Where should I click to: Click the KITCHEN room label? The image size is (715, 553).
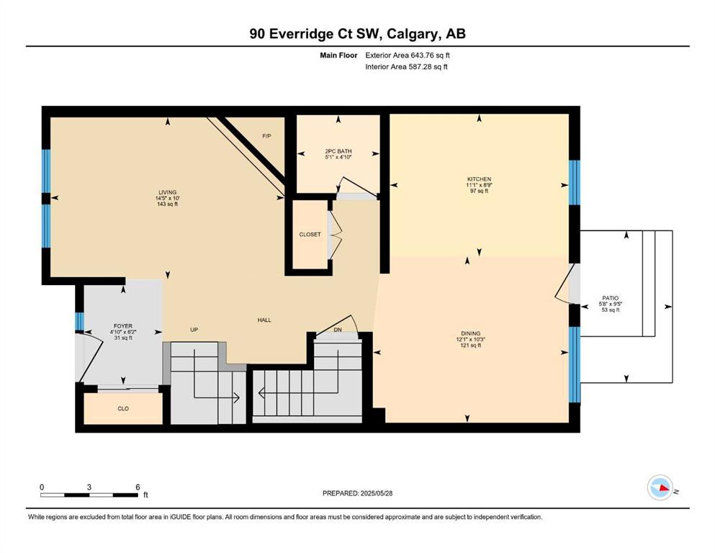tap(479, 179)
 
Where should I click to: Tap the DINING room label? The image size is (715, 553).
tap(471, 333)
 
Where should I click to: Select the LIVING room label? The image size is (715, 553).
tap(167, 192)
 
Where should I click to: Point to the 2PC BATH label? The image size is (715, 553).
tap(338, 151)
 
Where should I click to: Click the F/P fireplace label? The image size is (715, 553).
tap(266, 136)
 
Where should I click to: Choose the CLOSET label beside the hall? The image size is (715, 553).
tap(310, 234)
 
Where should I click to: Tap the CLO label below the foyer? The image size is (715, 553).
tap(123, 408)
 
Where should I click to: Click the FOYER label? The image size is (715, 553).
tap(123, 326)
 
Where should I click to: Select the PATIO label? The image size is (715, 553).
tap(611, 298)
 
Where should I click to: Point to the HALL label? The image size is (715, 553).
tap(264, 320)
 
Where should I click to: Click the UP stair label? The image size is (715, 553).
tap(194, 330)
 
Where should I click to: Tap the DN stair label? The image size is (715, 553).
tap(338, 330)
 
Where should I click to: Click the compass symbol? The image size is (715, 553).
tap(660, 487)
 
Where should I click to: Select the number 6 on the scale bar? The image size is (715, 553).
tap(138, 487)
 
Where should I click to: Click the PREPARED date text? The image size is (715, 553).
tap(357, 493)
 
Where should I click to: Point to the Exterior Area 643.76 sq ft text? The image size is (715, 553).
tap(408, 55)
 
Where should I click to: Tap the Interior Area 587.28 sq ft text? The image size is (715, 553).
tap(406, 66)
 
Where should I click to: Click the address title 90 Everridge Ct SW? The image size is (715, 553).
tap(318, 34)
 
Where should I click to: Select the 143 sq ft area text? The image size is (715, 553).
tap(167, 204)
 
